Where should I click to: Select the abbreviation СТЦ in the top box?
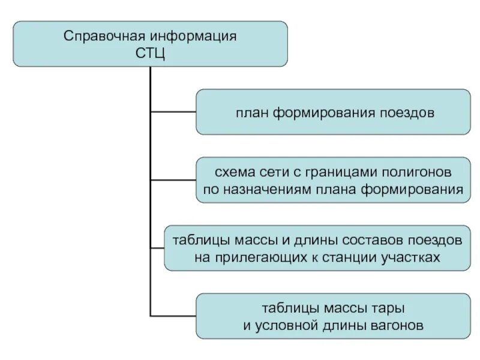click(x=150, y=53)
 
